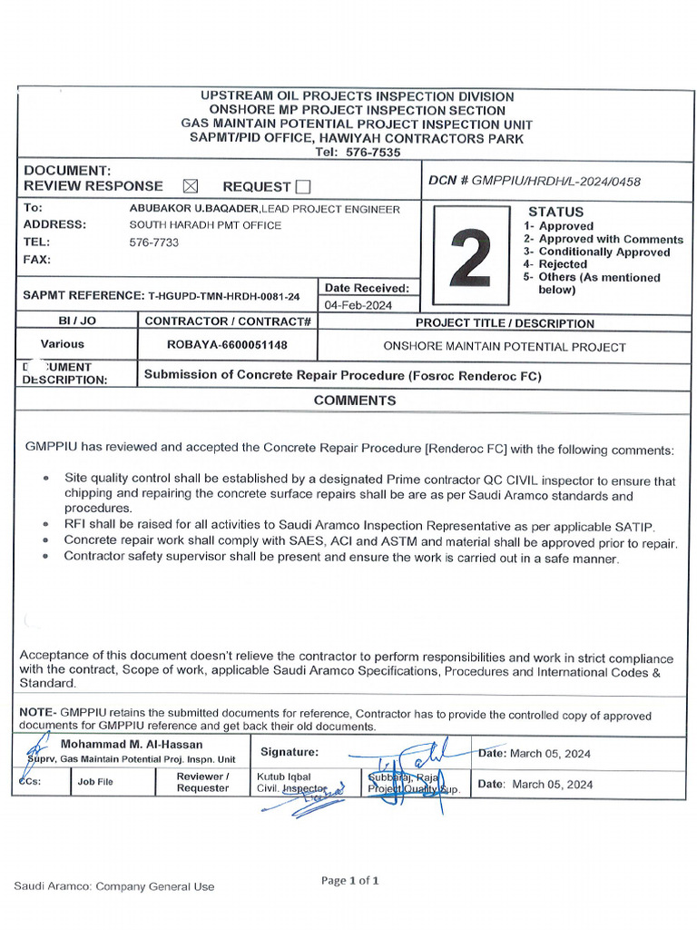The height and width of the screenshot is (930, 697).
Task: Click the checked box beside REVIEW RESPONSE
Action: pyautogui.click(x=190, y=186)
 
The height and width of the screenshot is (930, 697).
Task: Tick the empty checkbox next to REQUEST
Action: pyautogui.click(x=303, y=187)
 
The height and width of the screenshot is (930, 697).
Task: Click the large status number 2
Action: pyautogui.click(x=471, y=256)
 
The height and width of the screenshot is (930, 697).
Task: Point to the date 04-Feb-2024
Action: pyautogui.click(x=358, y=305)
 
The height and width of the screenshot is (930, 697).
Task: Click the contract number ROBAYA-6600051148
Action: pyautogui.click(x=227, y=345)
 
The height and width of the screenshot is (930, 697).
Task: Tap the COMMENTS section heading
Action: pyautogui.click(x=355, y=401)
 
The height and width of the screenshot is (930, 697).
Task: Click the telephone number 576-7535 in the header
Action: pyautogui.click(x=373, y=153)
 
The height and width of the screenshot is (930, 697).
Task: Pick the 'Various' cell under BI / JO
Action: pyautogui.click(x=63, y=344)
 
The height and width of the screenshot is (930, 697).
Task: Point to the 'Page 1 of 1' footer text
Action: pyautogui.click(x=350, y=880)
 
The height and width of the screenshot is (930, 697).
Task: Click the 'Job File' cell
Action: pyautogui.click(x=95, y=782)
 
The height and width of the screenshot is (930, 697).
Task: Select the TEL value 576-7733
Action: pyautogui.click(x=154, y=242)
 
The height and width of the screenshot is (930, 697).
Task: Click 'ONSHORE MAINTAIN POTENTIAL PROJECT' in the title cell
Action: pyautogui.click(x=505, y=347)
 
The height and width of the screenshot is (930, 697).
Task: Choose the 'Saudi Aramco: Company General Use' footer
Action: pyautogui.click(x=114, y=886)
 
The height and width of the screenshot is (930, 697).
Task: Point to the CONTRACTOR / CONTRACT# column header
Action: pyautogui.click(x=228, y=322)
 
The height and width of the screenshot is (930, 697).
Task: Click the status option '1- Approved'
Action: pyautogui.click(x=559, y=226)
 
